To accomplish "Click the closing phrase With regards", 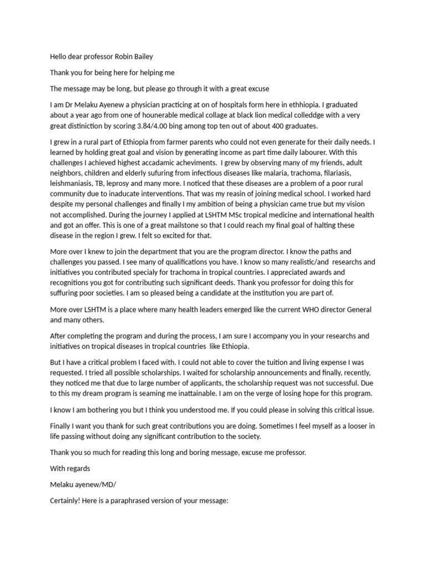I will click(x=70, y=468).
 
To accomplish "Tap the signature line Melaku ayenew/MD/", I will click(x=83, y=484).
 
